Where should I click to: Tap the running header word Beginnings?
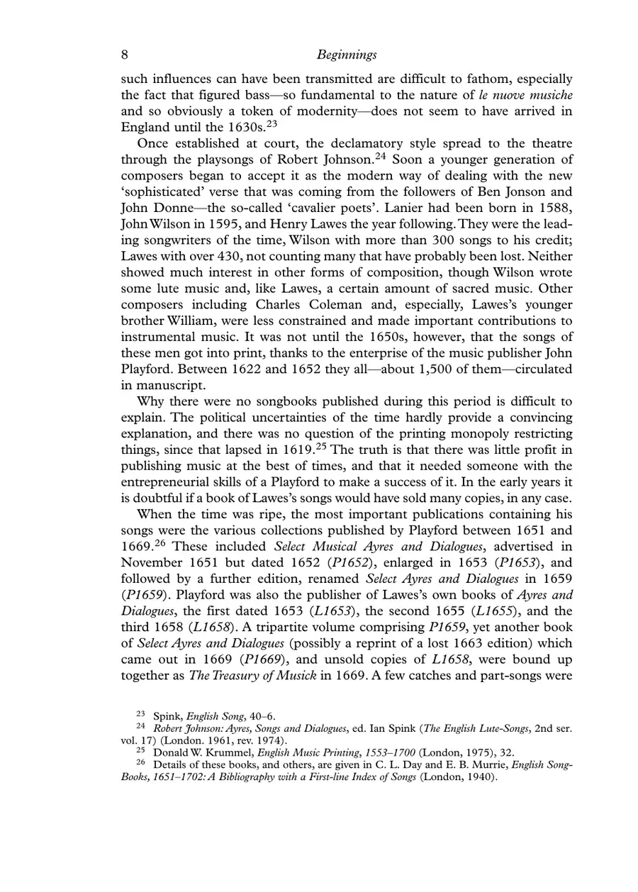[347, 55]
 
